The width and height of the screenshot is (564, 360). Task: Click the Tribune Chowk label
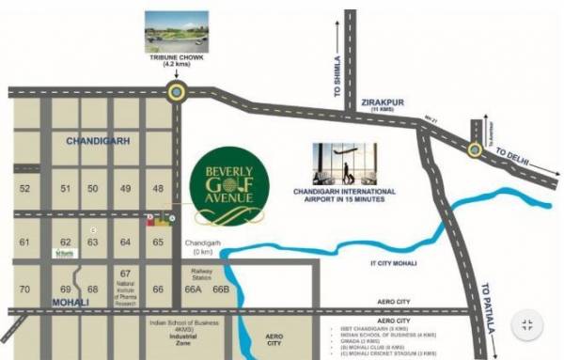pos(176,62)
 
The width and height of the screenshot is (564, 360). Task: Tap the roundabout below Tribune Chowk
pos(176,91)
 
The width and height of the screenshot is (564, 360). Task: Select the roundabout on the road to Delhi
pos(475,149)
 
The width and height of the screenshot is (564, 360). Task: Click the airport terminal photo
pos(344,164)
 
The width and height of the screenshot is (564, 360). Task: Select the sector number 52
pos(25,189)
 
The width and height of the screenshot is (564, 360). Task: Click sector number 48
pos(158,189)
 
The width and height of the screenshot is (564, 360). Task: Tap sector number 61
pos(25,242)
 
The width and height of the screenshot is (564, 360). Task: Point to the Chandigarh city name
pos(99,141)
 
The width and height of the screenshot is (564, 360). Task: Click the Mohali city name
pos(70,302)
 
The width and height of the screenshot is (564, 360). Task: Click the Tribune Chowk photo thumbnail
pos(176,30)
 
